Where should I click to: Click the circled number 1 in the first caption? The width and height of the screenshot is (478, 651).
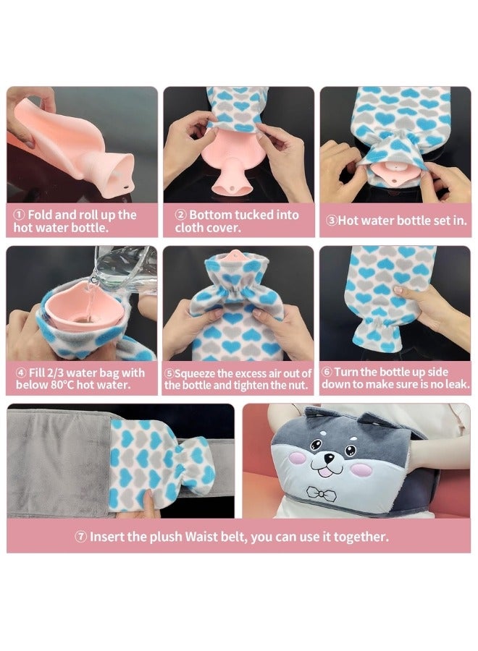pos(20,215)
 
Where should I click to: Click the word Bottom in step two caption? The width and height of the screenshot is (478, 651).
pos(211,215)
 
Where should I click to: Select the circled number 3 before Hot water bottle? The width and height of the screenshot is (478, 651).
pos(332,221)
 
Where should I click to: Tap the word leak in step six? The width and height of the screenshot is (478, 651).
pos(453,385)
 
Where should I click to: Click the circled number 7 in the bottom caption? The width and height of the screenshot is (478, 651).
pos(81,537)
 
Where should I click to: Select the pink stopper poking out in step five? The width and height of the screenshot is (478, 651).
pos(240,257)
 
